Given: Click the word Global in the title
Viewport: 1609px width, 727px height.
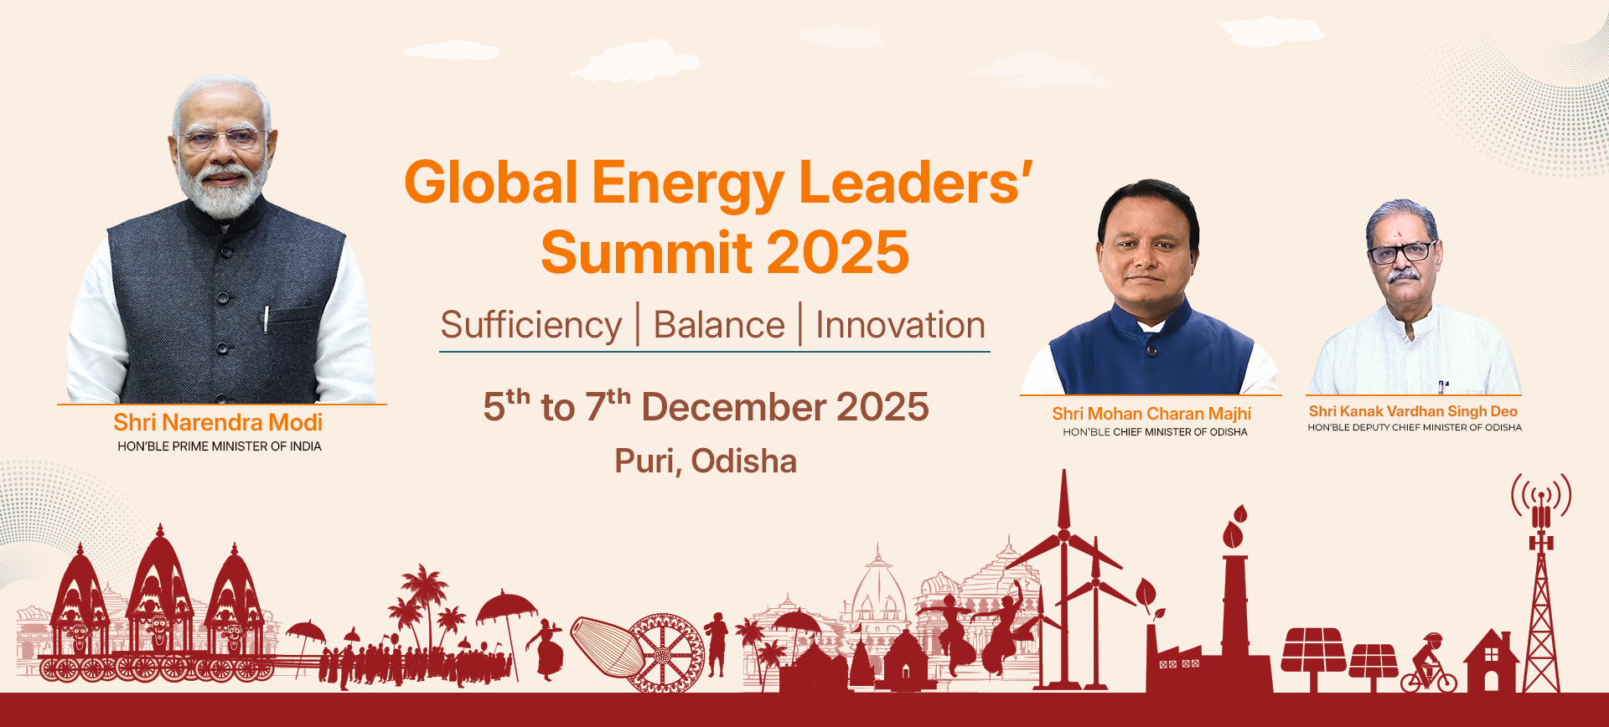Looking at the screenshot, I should click(x=491, y=183).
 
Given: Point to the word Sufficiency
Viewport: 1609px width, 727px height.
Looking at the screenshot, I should click(x=531, y=325).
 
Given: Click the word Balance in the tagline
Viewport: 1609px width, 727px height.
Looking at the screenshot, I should click(x=719, y=325).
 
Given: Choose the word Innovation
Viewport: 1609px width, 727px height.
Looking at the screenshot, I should click(x=900, y=325).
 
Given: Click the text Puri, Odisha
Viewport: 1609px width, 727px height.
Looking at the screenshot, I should click(x=706, y=461).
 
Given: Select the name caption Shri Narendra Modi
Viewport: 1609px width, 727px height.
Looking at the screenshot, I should click(x=218, y=422).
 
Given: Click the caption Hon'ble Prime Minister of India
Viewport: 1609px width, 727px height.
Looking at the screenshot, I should click(x=220, y=446).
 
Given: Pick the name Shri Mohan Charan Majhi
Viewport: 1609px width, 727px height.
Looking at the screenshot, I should click(x=1151, y=414).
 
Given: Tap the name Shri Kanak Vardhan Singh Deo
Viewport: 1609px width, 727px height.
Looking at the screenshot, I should click(x=1413, y=411).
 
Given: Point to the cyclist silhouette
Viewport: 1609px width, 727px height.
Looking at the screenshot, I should click(x=1429, y=666).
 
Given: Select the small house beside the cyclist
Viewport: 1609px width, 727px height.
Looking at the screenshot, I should click(x=1491, y=662).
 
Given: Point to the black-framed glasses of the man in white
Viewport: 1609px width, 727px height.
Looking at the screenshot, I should click(x=1400, y=252).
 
